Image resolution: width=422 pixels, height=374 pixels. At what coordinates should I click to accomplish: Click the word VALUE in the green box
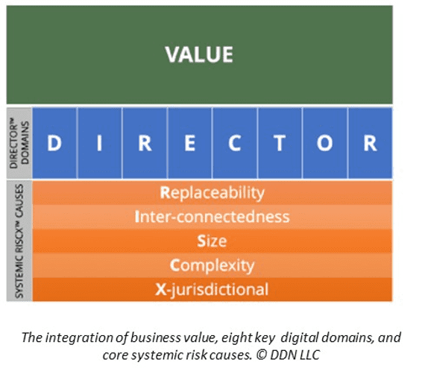tap(199, 54)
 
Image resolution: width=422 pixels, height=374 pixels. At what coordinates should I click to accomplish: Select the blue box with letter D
tap(54, 143)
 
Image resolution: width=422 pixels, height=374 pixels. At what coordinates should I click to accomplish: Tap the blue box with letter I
tap(99, 143)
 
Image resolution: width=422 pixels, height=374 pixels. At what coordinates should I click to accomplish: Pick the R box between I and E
tap(145, 143)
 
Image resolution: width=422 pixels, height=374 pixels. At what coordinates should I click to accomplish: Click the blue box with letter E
tap(189, 143)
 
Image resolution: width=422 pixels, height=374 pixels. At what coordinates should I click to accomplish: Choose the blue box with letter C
tap(235, 143)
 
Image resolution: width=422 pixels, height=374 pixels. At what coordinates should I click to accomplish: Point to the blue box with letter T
tap(280, 143)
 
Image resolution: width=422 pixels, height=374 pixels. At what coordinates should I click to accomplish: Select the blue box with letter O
tap(325, 143)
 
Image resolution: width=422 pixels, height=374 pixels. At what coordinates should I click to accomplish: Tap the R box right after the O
tap(370, 143)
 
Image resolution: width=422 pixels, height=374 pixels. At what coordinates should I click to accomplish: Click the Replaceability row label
tap(212, 193)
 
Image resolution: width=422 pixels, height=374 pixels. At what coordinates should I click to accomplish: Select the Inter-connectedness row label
tap(212, 217)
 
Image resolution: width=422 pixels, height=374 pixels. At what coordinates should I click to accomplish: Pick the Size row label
tap(212, 241)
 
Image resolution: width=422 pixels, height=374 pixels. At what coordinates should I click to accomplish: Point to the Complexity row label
tap(212, 264)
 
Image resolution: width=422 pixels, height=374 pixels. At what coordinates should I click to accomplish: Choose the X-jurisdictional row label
tap(212, 288)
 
